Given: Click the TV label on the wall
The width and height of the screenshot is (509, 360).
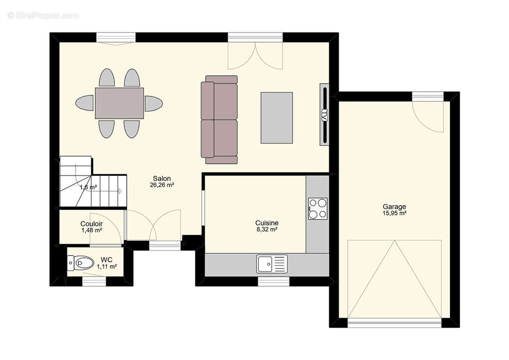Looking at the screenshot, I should click(324, 115).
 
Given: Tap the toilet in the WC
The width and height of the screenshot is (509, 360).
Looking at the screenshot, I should click(80, 262).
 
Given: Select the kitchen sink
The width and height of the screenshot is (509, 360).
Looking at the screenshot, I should click(272, 264).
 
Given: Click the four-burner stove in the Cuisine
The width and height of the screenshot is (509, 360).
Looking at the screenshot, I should click(318, 209).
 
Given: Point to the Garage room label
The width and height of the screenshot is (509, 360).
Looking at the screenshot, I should click(394, 207).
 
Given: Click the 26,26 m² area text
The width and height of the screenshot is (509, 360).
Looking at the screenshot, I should click(162, 185).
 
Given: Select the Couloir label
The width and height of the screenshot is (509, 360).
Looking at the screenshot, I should click(91, 224).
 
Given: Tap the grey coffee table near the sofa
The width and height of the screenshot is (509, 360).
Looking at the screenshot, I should click(276, 118).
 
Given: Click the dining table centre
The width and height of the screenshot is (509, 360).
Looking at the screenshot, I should click(119, 103).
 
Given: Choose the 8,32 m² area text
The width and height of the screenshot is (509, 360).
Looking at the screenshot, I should click(267, 229).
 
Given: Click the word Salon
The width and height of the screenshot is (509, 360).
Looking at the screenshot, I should click(162, 179).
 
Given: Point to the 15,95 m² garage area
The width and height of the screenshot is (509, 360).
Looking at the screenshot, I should click(394, 213).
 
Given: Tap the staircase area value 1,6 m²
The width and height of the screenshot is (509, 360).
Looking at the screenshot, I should click(88, 187).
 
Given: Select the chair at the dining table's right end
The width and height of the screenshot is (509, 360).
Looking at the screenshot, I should click(153, 103).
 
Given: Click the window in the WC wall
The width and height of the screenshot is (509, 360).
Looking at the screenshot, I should click(94, 282).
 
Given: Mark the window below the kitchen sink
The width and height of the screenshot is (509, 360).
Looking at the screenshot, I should click(274, 282).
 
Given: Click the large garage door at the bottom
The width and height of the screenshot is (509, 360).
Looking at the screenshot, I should click(394, 322).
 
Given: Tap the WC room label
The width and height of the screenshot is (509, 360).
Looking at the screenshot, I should click(107, 260).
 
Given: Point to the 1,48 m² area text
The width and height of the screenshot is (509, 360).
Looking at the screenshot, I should click(91, 230).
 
